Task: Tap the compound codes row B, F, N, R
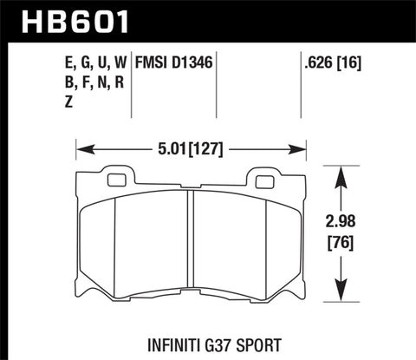(x=84, y=82)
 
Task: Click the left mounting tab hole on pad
(x=117, y=180)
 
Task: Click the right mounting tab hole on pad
(x=261, y=180)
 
